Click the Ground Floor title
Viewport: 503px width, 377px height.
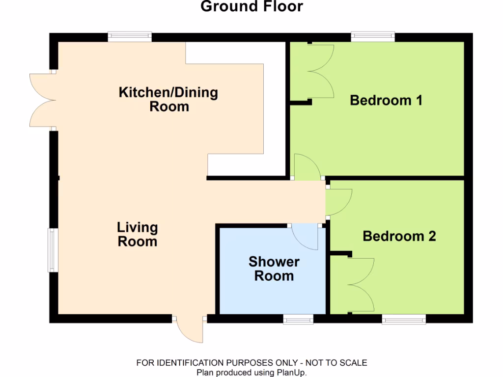[252, 7]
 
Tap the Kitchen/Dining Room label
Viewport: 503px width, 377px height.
[168, 99]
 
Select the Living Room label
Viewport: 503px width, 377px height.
[137, 234]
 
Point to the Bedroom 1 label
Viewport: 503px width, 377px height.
[386, 101]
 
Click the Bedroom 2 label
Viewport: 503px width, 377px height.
[399, 237]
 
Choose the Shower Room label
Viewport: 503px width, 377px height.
[274, 269]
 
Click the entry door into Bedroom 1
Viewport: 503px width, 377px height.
[305, 167]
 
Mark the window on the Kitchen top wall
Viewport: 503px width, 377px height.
[130, 37]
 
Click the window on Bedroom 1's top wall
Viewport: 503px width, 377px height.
[373, 37]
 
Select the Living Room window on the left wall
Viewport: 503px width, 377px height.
[53, 249]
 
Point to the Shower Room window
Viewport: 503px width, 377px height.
[298, 320]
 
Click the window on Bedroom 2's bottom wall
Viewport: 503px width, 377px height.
[404, 320]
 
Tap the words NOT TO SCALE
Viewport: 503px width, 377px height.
[336, 363]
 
